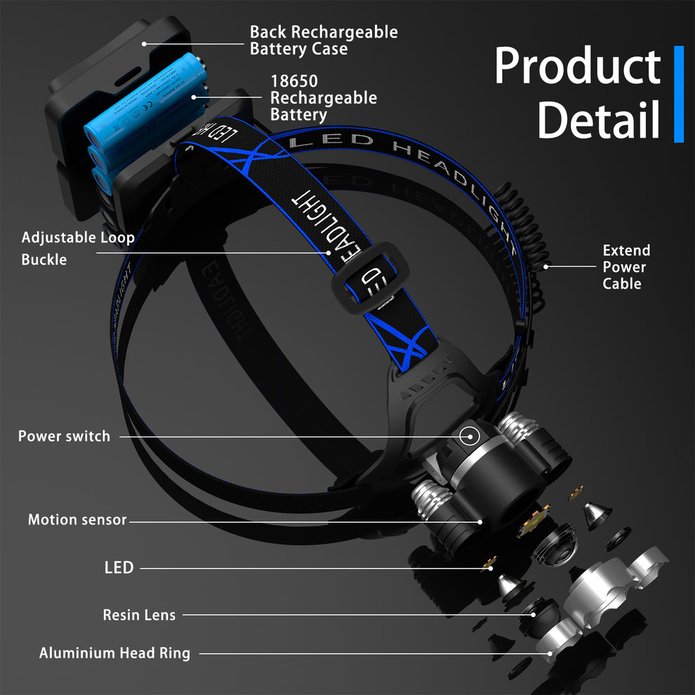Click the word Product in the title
click(577, 68)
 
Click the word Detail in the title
click(598, 119)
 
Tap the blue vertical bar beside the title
click(678, 94)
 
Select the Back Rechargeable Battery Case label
click(324, 41)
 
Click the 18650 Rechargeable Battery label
click(324, 98)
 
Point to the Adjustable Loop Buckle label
click(77, 249)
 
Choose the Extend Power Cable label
click(626, 267)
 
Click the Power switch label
click(64, 436)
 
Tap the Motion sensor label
click(77, 520)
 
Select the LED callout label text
click(119, 567)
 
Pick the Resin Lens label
click(139, 615)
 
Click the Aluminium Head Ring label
click(114, 653)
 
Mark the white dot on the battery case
click(143, 43)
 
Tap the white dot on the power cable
click(545, 267)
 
